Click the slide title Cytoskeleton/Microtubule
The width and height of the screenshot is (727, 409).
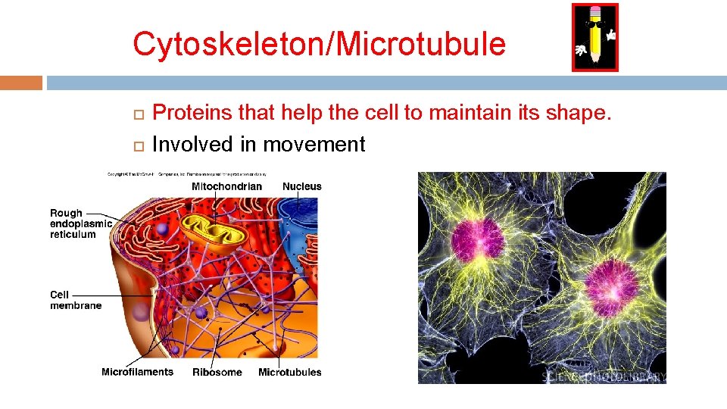tap(319, 44)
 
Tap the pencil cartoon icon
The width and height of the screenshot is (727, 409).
tap(594, 37)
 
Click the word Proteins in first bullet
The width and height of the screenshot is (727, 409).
tap(192, 114)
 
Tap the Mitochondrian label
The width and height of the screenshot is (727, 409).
tap(226, 186)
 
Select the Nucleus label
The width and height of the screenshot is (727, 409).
tap(301, 186)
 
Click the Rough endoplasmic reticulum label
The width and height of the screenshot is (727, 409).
tap(80, 223)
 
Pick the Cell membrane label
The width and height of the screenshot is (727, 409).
tap(76, 300)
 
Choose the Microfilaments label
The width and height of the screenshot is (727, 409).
tap(137, 372)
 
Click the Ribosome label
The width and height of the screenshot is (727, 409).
tap(217, 372)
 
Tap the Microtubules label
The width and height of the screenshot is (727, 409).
tap(289, 372)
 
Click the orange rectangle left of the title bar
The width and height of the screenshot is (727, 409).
tap(21, 82)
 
